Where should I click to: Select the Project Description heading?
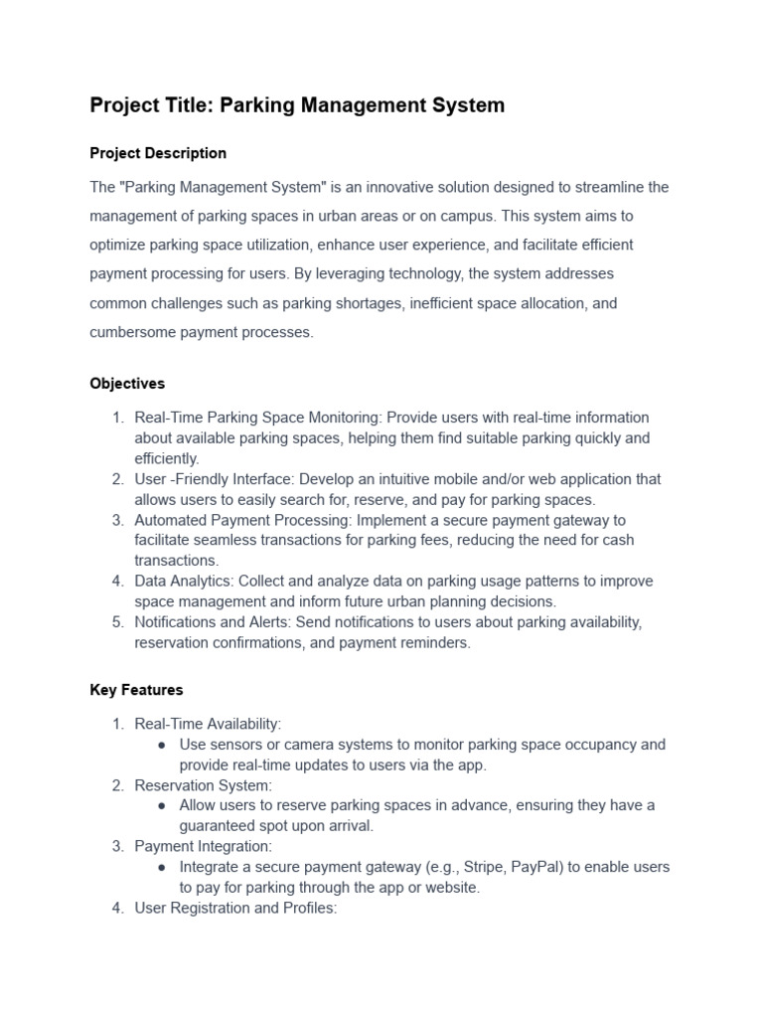(158, 153)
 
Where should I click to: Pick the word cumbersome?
(134, 332)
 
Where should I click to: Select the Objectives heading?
(127, 383)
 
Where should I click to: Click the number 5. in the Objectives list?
(117, 622)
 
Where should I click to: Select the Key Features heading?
(136, 689)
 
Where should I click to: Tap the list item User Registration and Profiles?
(235, 909)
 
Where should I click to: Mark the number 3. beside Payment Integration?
(117, 847)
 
